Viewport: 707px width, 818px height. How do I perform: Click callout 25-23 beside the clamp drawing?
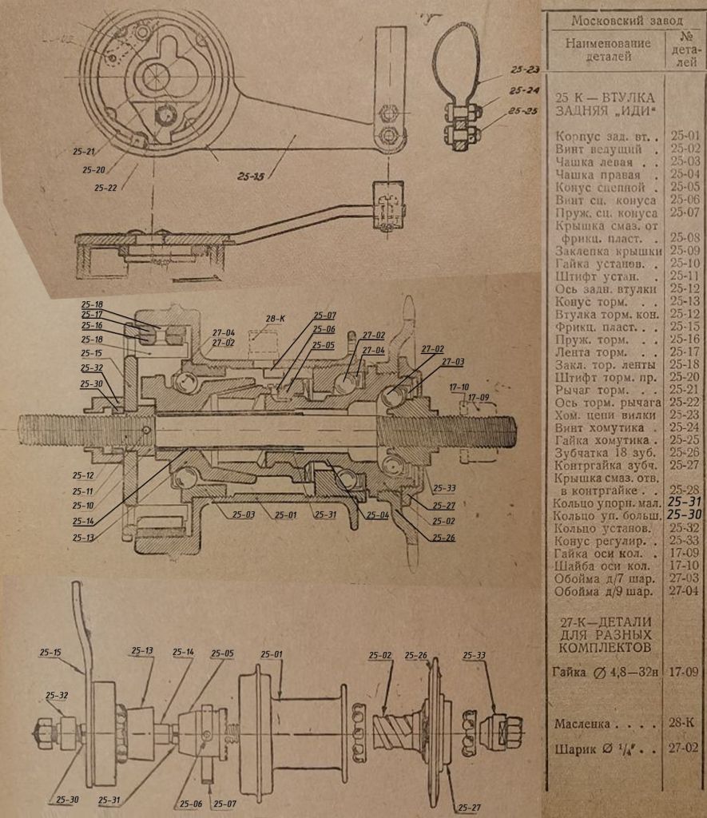click(524, 69)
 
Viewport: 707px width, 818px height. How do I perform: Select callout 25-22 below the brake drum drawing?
click(105, 188)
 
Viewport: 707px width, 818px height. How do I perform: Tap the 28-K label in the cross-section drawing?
click(276, 319)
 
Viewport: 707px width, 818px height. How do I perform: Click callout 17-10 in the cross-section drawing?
click(459, 387)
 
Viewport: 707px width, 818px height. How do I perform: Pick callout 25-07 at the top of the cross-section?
click(325, 315)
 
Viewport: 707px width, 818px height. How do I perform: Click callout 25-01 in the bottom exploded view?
click(272, 656)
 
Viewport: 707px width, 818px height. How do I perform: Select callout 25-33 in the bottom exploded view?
click(474, 656)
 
